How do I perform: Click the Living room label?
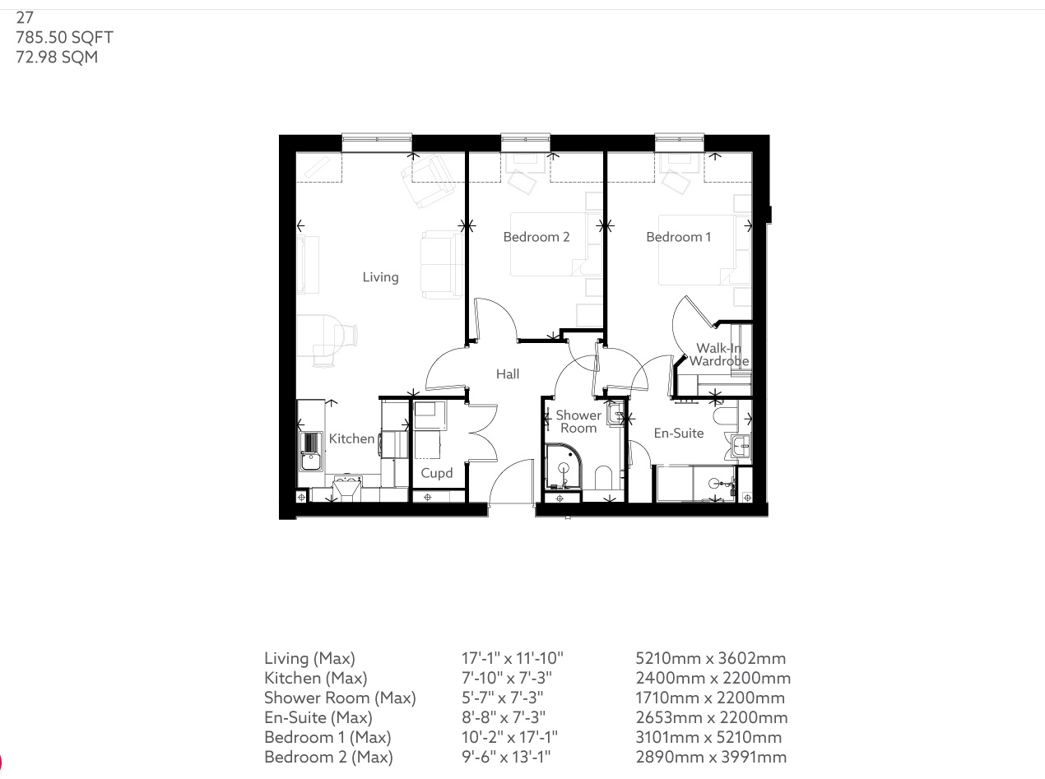point(380,277)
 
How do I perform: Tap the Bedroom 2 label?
point(536,237)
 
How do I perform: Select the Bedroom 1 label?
point(679,237)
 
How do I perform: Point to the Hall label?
point(508,374)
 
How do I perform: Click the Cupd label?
point(436,473)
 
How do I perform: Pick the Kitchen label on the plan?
point(351,438)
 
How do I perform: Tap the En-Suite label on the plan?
point(678,433)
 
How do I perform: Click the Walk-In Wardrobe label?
point(718,355)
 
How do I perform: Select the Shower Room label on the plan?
point(578,421)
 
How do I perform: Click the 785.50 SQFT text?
point(64,37)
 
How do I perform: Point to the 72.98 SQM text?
point(57,57)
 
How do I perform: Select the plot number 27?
point(25,17)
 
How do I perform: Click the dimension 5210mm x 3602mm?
point(710,658)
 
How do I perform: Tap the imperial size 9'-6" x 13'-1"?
point(507,757)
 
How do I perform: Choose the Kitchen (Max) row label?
point(315,678)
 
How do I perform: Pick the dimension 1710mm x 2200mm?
point(710,698)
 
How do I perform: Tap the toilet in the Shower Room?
point(603,478)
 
